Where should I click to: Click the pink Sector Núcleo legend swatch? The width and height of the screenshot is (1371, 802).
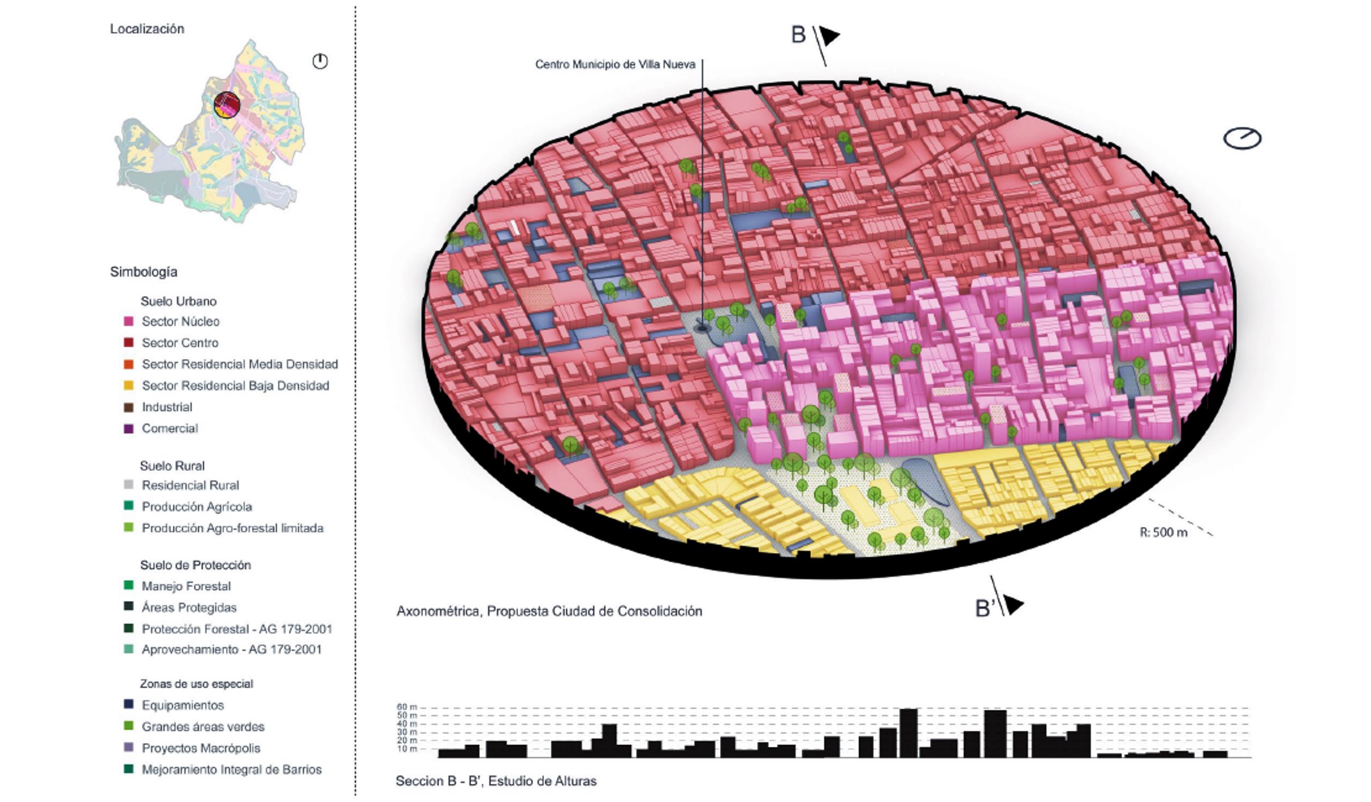[129, 321]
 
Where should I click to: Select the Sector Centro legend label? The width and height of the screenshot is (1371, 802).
[180, 343]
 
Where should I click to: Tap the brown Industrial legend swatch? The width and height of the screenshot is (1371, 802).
[129, 407]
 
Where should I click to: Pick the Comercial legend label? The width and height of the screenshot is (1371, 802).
[170, 428]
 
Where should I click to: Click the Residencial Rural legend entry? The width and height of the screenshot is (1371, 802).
[190, 485]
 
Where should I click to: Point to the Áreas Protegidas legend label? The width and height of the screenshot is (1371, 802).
[189, 607]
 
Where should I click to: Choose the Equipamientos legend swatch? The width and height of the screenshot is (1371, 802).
[129, 705]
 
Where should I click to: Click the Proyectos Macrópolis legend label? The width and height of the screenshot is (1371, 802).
[201, 748]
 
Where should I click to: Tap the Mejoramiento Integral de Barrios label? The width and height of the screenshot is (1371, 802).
[231, 769]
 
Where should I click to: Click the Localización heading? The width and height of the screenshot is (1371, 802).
[147, 29]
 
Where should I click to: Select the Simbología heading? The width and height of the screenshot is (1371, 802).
[143, 272]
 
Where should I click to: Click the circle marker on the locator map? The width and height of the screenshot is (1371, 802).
[227, 104]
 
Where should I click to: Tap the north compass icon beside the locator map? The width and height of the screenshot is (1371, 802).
[320, 61]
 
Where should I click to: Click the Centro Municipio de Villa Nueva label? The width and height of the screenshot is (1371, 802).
[614, 65]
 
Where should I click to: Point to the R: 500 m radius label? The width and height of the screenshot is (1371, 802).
[1163, 533]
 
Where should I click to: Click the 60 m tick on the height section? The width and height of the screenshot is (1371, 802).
[407, 707]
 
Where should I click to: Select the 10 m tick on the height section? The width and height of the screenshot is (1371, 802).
[407, 749]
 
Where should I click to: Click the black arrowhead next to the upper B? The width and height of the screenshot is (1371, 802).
[829, 36]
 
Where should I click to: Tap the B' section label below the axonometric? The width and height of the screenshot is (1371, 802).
[984, 609]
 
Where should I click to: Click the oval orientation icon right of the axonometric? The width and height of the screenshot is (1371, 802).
[1242, 138]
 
